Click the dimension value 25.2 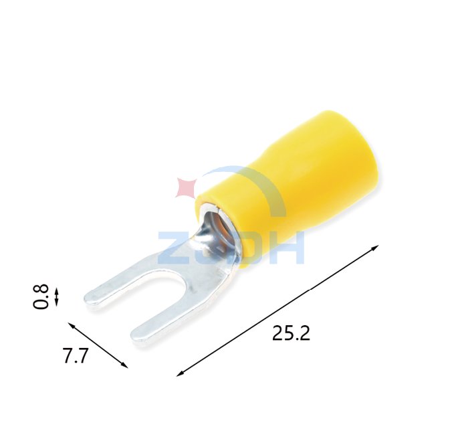[291, 333]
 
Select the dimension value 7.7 [76, 356]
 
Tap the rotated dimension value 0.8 [41, 296]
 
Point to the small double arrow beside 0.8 [57, 296]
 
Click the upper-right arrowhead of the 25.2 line [376, 248]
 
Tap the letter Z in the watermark [170, 248]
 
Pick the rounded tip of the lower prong [138, 336]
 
